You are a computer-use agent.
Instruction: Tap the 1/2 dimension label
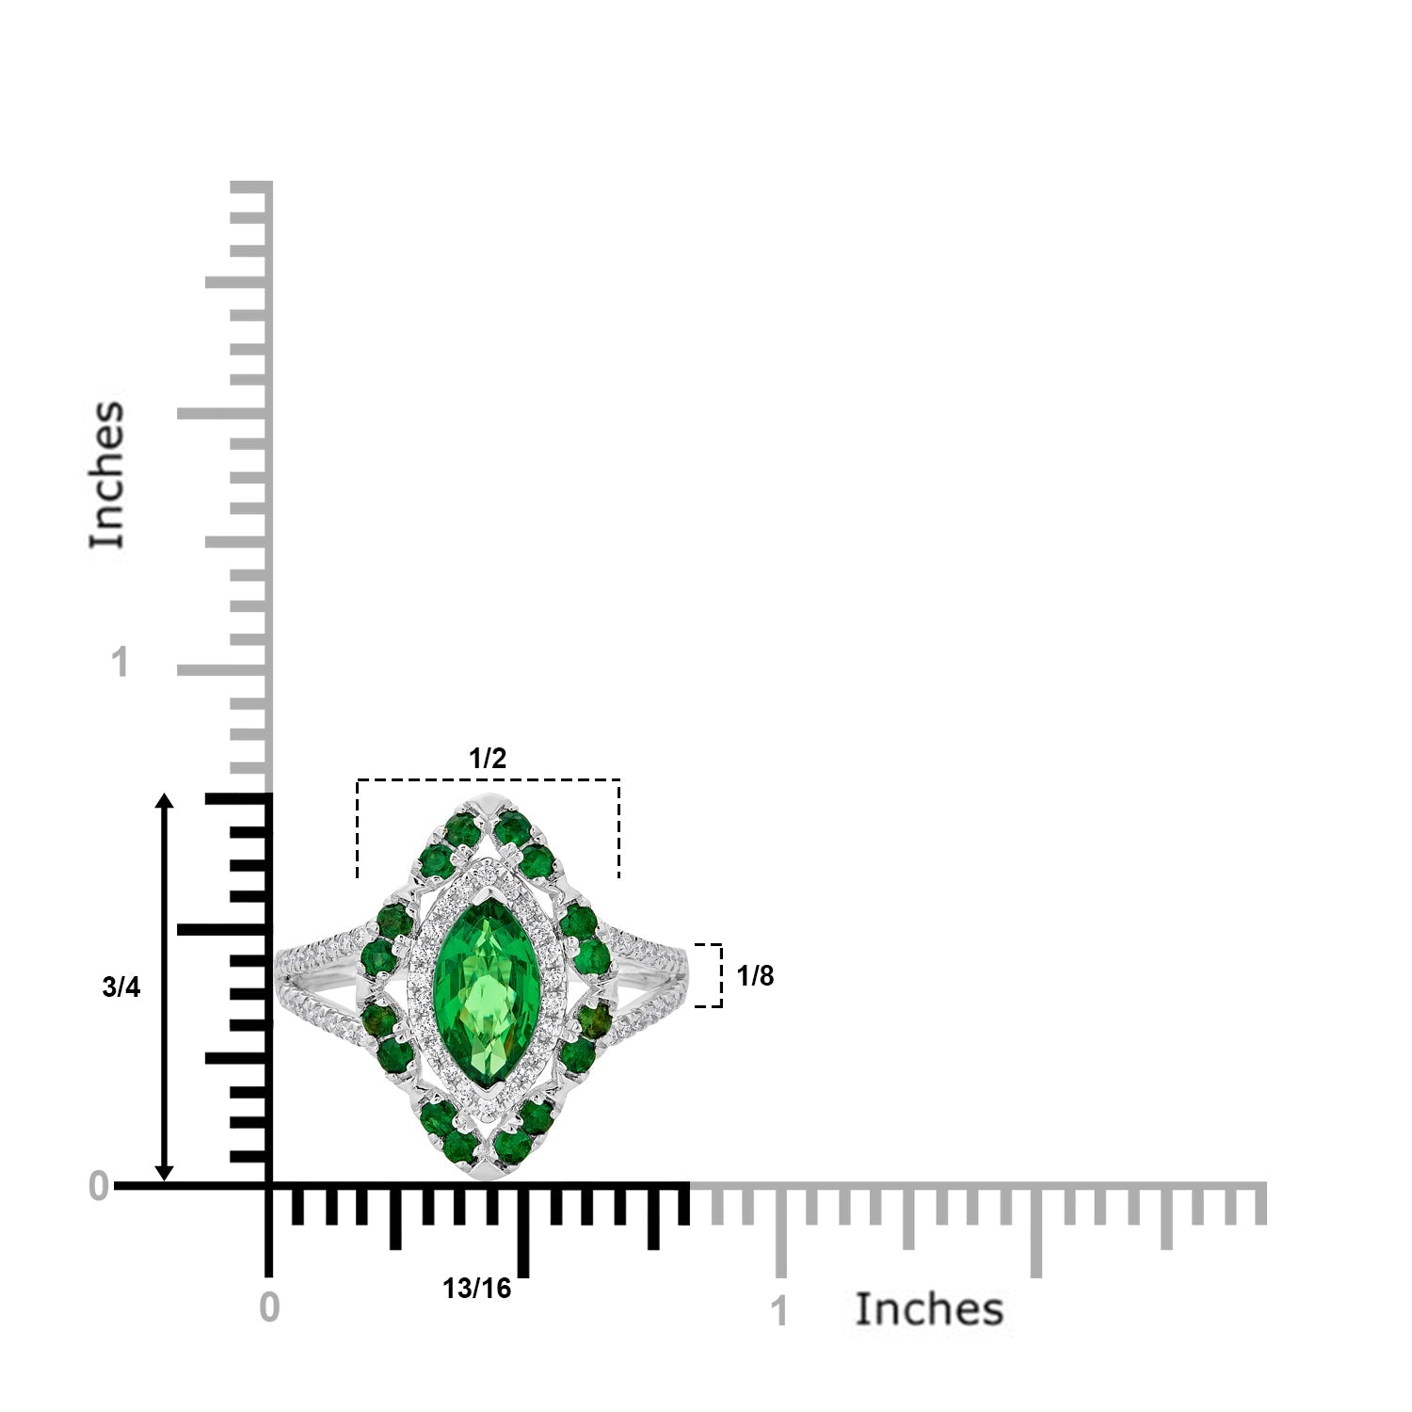(488, 758)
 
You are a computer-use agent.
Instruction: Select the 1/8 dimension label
(755, 976)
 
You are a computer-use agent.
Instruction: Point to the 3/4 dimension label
(120, 987)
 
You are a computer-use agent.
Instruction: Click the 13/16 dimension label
(477, 1289)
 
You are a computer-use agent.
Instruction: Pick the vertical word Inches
(107, 474)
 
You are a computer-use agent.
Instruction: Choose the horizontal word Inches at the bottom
(929, 1309)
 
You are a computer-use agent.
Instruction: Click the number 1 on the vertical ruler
(120, 663)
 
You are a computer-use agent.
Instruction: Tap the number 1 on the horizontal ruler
(779, 1311)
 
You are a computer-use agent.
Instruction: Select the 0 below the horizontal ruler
(269, 1308)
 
